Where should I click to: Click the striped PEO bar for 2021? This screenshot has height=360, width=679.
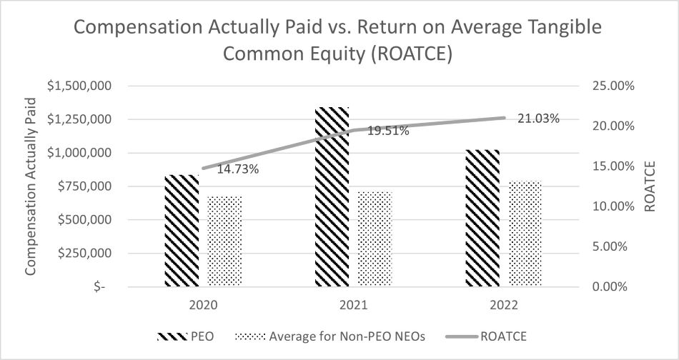[332, 196]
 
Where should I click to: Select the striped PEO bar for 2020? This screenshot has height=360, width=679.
[182, 231]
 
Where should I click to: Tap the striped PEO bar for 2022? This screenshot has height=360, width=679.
[482, 218]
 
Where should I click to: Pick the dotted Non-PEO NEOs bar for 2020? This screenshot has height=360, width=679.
[224, 241]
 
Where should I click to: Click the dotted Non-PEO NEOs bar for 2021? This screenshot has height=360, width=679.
[375, 239]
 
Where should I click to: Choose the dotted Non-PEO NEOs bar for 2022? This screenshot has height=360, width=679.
[525, 234]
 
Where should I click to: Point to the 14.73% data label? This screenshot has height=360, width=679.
[238, 169]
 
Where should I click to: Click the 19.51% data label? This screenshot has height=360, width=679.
[388, 131]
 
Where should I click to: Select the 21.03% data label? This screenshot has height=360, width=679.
[539, 118]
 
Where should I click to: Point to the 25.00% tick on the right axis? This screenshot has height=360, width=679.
[611, 86]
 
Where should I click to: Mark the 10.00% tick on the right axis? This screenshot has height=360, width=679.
[611, 206]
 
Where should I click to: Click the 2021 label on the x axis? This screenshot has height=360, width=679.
[353, 305]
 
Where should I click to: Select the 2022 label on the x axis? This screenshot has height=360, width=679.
[504, 305]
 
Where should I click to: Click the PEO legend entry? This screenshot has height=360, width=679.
[185, 336]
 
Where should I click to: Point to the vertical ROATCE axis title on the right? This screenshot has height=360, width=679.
[650, 186]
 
